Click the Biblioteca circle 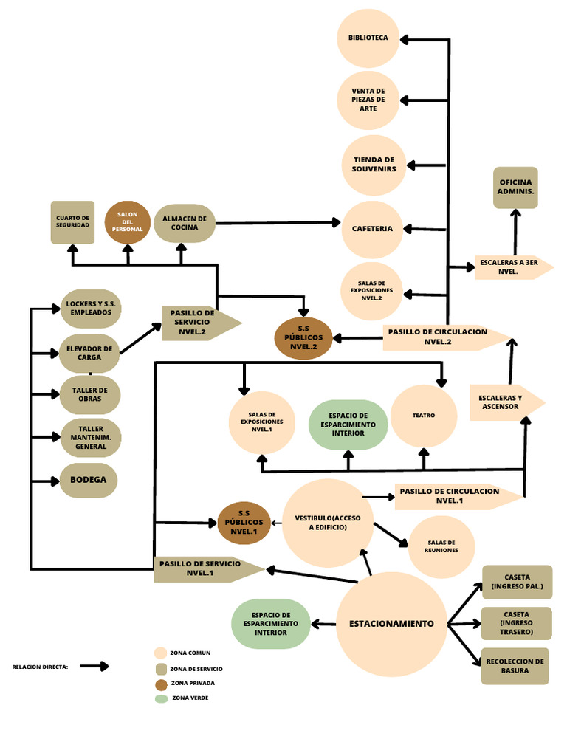368,38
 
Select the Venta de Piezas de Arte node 368,100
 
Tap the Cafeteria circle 372,229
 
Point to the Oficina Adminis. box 515,187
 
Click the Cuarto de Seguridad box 72,221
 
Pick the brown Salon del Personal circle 127,222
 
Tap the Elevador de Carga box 89,353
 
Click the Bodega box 89,480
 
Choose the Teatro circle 424,416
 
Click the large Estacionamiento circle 391,624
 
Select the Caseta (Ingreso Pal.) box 517,582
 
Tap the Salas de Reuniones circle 441,546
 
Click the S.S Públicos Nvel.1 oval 244,523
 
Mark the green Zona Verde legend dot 161,698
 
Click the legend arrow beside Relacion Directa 94,666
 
